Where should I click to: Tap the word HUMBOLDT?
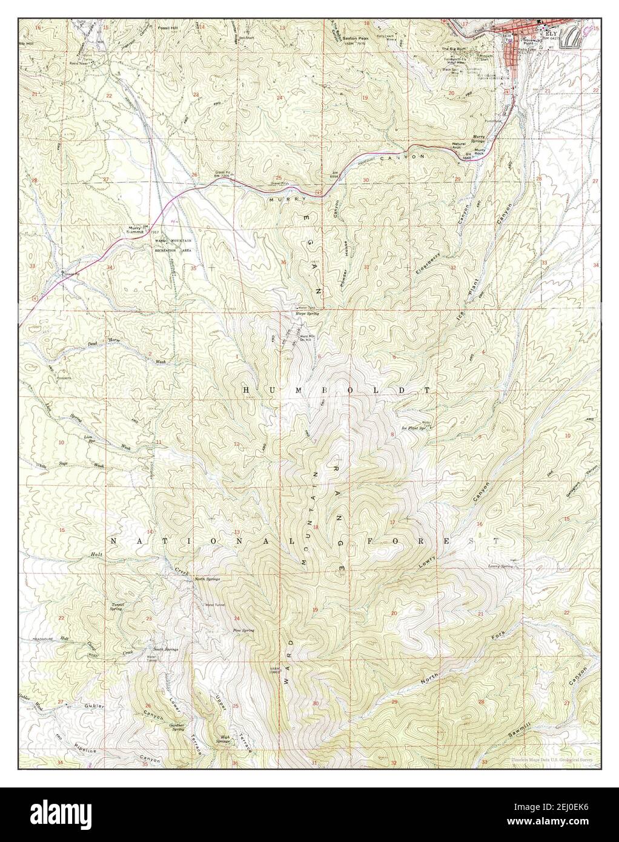pos(337,391)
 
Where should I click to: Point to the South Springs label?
pos(165,648)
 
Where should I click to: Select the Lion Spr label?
pos(91,436)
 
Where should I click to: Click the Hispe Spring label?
pos(307,313)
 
